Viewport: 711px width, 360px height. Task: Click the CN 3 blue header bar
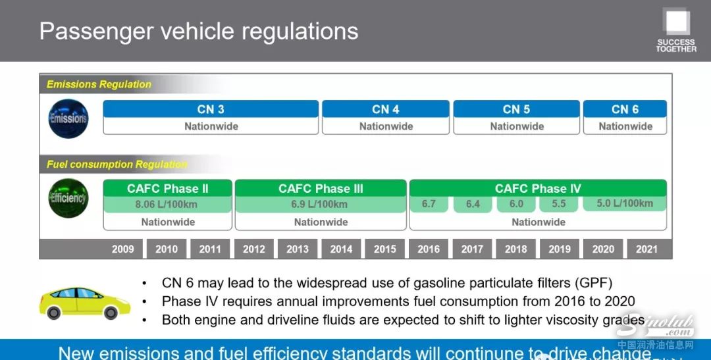coord(211,109)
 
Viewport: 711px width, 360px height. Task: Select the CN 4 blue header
coord(386,109)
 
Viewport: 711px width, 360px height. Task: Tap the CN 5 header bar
coord(517,109)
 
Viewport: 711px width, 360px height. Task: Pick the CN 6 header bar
coord(625,109)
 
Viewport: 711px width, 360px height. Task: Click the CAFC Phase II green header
coord(168,188)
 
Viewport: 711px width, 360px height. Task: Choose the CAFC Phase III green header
coord(321,188)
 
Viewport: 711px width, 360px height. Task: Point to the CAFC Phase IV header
coord(538,188)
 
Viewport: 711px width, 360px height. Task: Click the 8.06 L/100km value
coord(166,205)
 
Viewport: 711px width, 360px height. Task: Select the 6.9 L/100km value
coord(319,205)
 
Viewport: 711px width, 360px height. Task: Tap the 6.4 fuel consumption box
coord(473,204)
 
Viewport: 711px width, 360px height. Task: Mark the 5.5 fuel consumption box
coord(559,204)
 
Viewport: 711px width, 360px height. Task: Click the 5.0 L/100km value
coord(625,203)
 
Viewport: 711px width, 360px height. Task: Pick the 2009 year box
coord(123,249)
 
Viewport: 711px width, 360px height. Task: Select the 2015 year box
coord(384,249)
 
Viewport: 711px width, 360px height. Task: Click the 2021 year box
coord(646,249)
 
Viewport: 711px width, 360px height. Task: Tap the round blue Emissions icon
coord(68,118)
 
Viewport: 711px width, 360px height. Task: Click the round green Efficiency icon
coord(68,198)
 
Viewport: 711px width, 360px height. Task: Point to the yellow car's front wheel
coord(110,313)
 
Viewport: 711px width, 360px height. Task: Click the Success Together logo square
coord(677,22)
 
